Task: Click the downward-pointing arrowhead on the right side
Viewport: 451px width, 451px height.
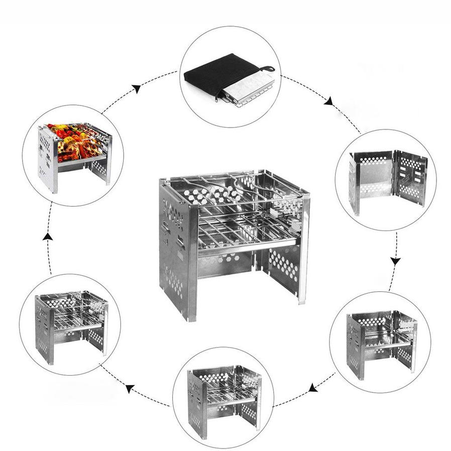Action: (396, 261)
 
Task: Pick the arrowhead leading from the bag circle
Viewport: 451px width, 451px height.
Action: (329, 102)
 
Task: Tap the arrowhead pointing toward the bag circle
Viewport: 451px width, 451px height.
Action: (136, 89)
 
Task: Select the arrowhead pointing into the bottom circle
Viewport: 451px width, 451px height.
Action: (312, 387)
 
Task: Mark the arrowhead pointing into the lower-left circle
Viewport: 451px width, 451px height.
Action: (130, 388)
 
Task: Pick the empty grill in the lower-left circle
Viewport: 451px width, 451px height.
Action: (70, 323)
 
